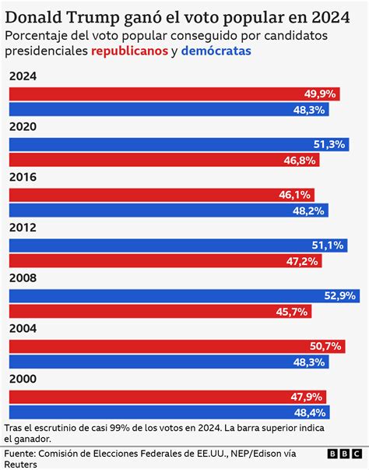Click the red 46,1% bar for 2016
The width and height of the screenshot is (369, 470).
(x=156, y=195)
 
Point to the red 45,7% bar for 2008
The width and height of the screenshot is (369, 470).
(x=156, y=311)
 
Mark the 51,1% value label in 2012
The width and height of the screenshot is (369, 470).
(x=324, y=246)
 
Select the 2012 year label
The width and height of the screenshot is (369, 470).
(x=23, y=228)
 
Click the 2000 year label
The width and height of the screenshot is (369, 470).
(x=23, y=379)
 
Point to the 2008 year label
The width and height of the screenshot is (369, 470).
(x=23, y=278)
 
